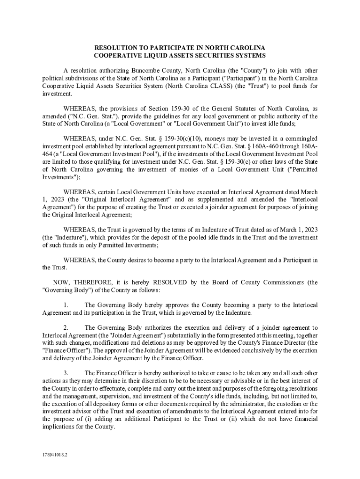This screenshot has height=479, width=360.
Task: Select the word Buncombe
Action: (x=146, y=71)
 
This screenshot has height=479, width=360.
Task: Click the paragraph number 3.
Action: (x=66, y=373)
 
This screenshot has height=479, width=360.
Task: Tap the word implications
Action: (x=59, y=426)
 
